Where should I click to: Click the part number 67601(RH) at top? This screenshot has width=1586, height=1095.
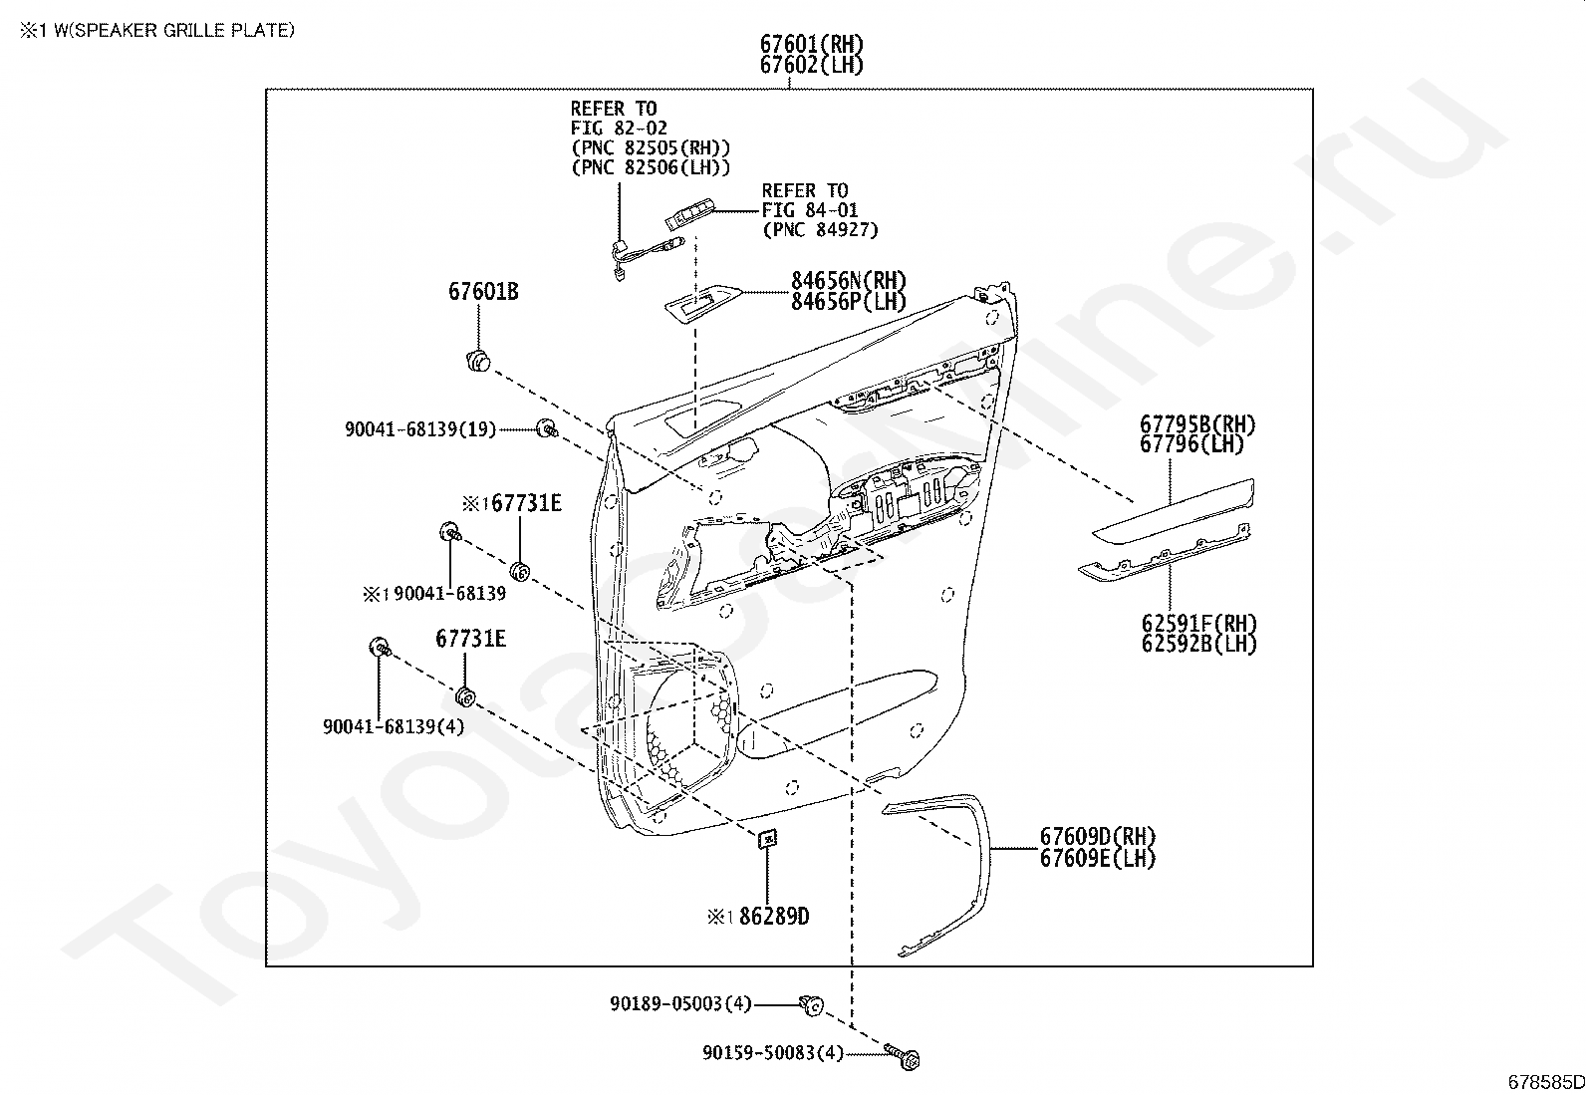[811, 44]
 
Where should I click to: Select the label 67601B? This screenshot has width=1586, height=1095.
[482, 292]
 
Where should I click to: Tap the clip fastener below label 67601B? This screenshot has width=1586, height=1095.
[479, 360]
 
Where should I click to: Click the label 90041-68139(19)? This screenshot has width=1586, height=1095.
[419, 429]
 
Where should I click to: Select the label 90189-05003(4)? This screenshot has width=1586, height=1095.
[680, 1003]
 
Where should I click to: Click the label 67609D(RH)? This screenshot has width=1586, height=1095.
[1098, 837]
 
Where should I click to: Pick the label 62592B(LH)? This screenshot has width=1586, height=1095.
[1199, 644]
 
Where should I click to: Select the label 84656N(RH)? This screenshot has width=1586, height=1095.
[849, 281]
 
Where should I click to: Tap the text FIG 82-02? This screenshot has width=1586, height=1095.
[619, 129]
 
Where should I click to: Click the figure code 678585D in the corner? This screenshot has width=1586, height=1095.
[1545, 1081]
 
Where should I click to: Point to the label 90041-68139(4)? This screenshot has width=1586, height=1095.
[394, 726]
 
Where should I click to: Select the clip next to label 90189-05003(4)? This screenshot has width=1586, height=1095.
[811, 1004]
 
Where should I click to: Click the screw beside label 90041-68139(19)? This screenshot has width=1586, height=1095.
[546, 429]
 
